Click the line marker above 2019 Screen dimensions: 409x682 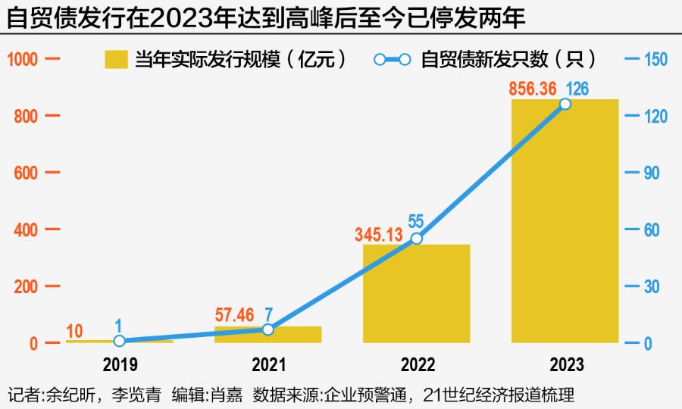coord(119,341)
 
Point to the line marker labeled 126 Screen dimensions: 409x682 coord(565,104)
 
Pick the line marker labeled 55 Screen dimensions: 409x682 coord(416,239)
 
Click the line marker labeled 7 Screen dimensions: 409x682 coord(267,329)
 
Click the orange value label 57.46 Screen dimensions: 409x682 coord(236,314)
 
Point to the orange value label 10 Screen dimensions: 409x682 coord(75,330)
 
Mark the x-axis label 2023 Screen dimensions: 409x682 coord(565,365)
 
